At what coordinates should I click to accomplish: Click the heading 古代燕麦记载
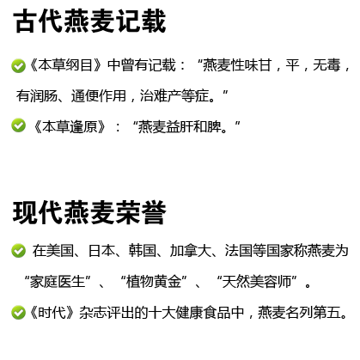[x=89, y=21]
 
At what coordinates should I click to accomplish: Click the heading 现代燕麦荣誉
[x=89, y=212]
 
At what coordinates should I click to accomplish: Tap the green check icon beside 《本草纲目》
[x=18, y=66]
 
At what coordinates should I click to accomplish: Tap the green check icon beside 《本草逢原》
[x=18, y=125]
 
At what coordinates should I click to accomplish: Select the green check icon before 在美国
[x=18, y=251]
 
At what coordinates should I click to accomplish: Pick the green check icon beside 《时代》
[x=18, y=312]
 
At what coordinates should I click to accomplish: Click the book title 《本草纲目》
[x=65, y=65]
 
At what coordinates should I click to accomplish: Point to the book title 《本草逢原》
[x=70, y=126]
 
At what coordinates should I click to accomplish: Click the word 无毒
[x=326, y=65]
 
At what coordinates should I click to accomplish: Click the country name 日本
[x=101, y=251]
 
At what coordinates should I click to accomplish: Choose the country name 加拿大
[x=190, y=251]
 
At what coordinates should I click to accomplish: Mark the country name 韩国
[x=143, y=251]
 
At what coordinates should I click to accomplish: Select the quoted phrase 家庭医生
[x=58, y=282]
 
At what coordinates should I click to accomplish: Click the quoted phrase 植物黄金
[x=154, y=282]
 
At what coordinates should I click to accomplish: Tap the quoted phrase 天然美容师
[x=256, y=282]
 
